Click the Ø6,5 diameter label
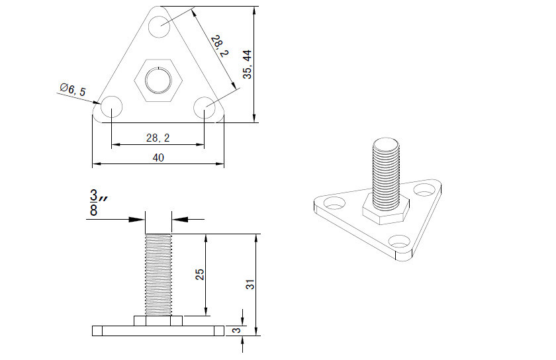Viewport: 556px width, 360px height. [x=73, y=89]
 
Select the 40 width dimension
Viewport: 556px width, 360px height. [x=158, y=157]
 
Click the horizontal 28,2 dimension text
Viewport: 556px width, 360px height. [x=158, y=138]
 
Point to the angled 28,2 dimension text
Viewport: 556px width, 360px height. [x=218, y=48]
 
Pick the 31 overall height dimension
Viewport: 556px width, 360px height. [x=250, y=285]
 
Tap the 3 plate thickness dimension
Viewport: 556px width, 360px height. [x=236, y=330]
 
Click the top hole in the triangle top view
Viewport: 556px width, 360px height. [x=159, y=26]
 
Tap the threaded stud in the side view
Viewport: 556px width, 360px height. [x=158, y=275]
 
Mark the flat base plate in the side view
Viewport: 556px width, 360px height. [x=158, y=330]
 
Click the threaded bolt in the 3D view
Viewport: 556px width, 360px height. [x=387, y=172]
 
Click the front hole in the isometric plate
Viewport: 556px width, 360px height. [x=400, y=242]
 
